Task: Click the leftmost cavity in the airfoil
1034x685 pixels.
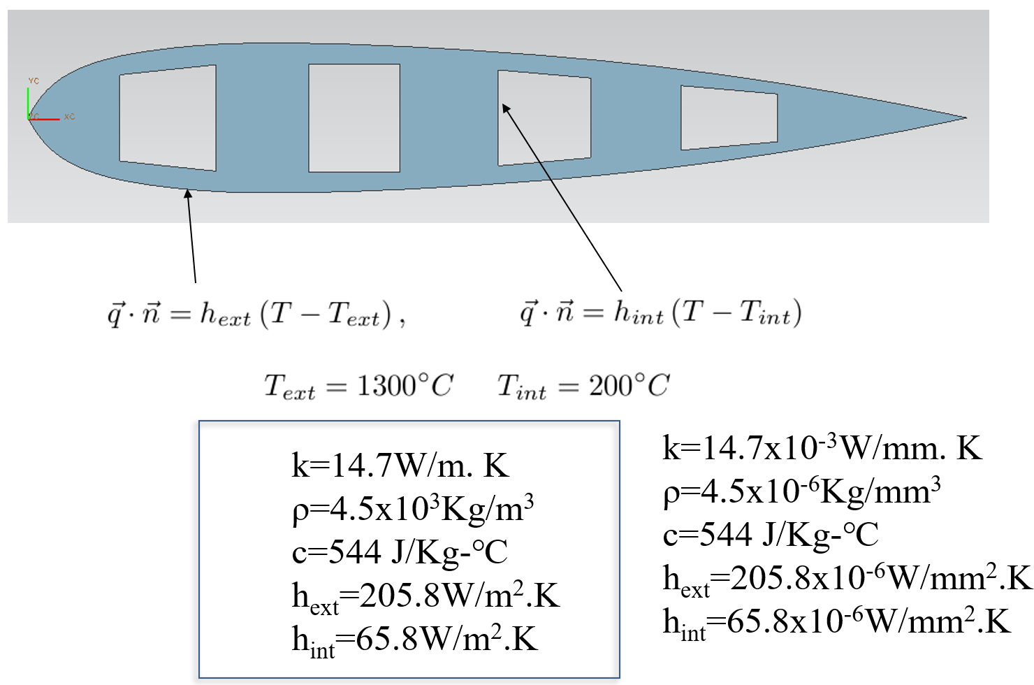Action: pos(168,117)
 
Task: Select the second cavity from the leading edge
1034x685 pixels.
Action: pos(354,118)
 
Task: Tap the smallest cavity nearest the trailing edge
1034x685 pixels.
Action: pos(729,117)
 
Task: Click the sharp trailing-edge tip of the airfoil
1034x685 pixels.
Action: pos(965,117)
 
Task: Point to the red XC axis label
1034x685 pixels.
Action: pos(69,116)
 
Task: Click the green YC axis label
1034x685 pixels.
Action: pos(34,81)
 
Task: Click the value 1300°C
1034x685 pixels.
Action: pos(405,385)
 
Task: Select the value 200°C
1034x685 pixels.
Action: pos(629,385)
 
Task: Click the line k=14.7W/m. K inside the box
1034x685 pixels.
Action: pos(400,466)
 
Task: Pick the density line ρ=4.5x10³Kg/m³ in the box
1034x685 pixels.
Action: pos(413,508)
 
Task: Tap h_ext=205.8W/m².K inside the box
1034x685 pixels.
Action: pos(425,596)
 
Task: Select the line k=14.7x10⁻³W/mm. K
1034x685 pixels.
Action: pos(822,448)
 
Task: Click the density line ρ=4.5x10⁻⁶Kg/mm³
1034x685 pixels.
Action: pos(801,491)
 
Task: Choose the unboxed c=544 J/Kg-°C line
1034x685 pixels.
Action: pos(771,535)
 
